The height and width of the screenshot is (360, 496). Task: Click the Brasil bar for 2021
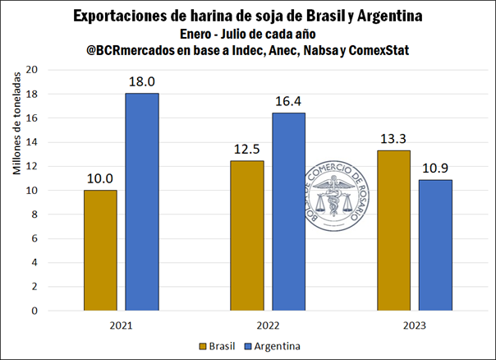tap(100, 251)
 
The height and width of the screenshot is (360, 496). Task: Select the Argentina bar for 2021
tap(142, 202)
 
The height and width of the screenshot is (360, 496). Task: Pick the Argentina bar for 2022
tap(288, 212)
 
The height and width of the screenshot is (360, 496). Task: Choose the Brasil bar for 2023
tap(393, 231)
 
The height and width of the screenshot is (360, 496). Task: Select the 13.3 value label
tap(393, 138)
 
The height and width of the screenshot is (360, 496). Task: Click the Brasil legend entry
tap(223, 346)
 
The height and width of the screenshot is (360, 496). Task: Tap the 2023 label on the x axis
tap(414, 325)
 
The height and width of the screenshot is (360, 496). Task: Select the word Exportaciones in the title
tap(120, 16)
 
